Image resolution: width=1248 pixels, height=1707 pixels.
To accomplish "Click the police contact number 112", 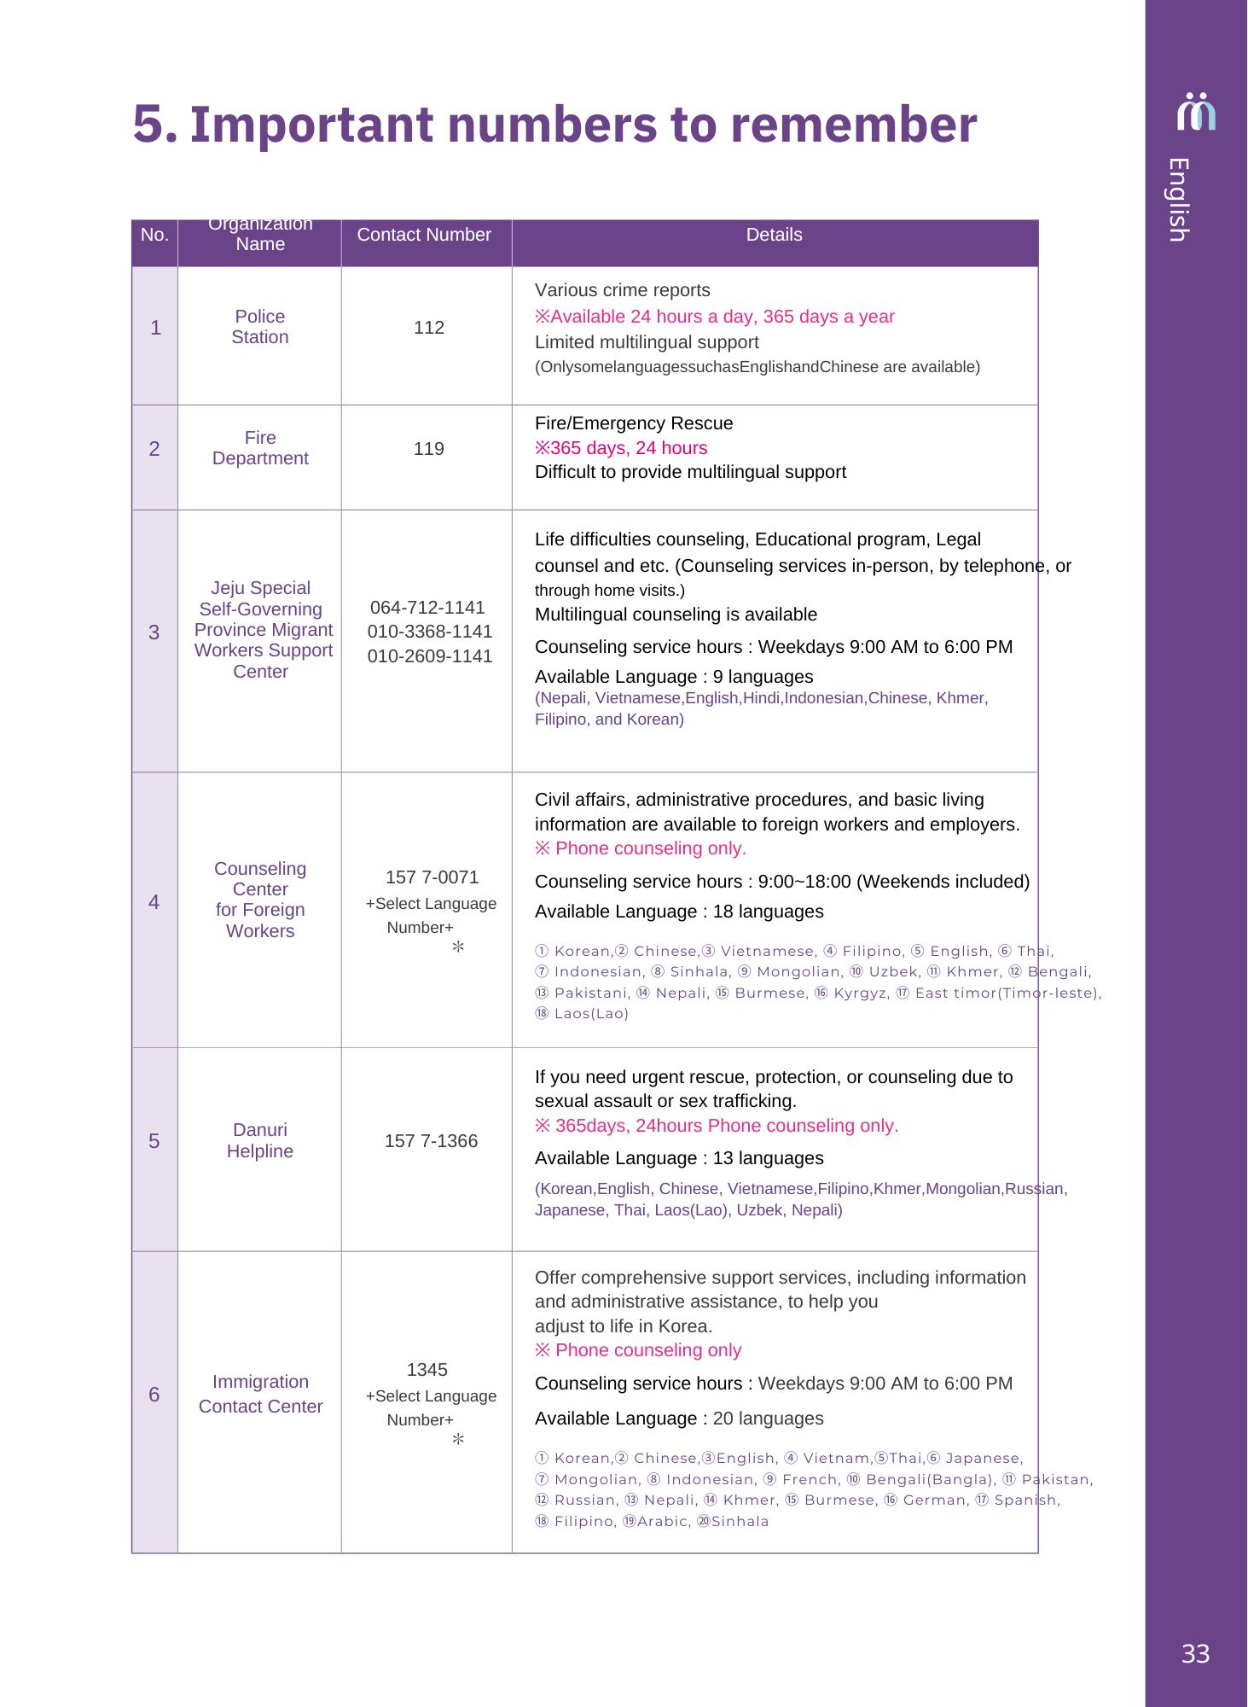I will [428, 328].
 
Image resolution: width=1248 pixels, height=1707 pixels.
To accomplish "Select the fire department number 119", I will [428, 449].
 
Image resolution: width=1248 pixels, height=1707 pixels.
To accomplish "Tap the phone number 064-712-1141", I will [427, 608].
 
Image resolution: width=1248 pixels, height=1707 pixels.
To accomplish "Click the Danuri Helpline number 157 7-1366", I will [431, 1141].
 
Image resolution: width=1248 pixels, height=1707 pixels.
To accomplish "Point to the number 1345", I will [427, 1370].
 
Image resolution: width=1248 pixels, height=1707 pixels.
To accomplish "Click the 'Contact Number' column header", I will [424, 235].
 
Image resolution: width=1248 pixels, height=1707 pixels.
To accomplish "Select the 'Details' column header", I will [774, 235].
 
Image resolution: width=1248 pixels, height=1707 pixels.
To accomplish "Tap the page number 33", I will [1195, 1654].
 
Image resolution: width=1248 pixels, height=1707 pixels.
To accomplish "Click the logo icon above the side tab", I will [1196, 112].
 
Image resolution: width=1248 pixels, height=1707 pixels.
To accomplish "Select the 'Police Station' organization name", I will [260, 327].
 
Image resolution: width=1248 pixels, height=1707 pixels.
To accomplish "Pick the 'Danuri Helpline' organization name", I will [260, 1140].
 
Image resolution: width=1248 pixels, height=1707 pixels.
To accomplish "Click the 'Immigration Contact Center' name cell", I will [260, 1394].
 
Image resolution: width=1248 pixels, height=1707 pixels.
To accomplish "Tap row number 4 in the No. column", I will [154, 902].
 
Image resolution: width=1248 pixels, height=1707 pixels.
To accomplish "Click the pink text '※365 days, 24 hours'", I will [621, 448].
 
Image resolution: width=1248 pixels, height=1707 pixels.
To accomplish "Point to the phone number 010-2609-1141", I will [430, 656].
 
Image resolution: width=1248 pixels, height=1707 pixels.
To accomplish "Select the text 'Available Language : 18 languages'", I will [679, 912].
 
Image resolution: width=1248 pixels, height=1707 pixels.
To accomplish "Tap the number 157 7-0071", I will [432, 877].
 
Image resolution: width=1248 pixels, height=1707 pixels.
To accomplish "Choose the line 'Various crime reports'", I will [622, 290].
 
